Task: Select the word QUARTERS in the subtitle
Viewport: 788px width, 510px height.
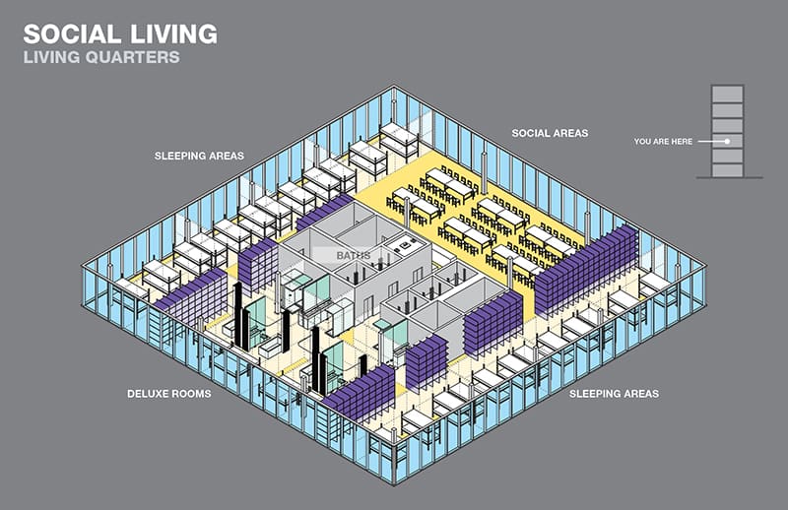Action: pyautogui.click(x=135, y=57)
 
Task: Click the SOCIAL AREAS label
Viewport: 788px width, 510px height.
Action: pyautogui.click(x=550, y=133)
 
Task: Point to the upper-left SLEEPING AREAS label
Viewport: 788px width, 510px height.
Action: pyautogui.click(x=199, y=156)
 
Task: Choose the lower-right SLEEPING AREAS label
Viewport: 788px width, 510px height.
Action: pyautogui.click(x=614, y=394)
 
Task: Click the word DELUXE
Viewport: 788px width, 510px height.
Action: pyautogui.click(x=153, y=394)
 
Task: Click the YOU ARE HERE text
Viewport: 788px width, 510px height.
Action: pyautogui.click(x=665, y=142)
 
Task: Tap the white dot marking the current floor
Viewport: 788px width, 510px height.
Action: pyautogui.click(x=727, y=142)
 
